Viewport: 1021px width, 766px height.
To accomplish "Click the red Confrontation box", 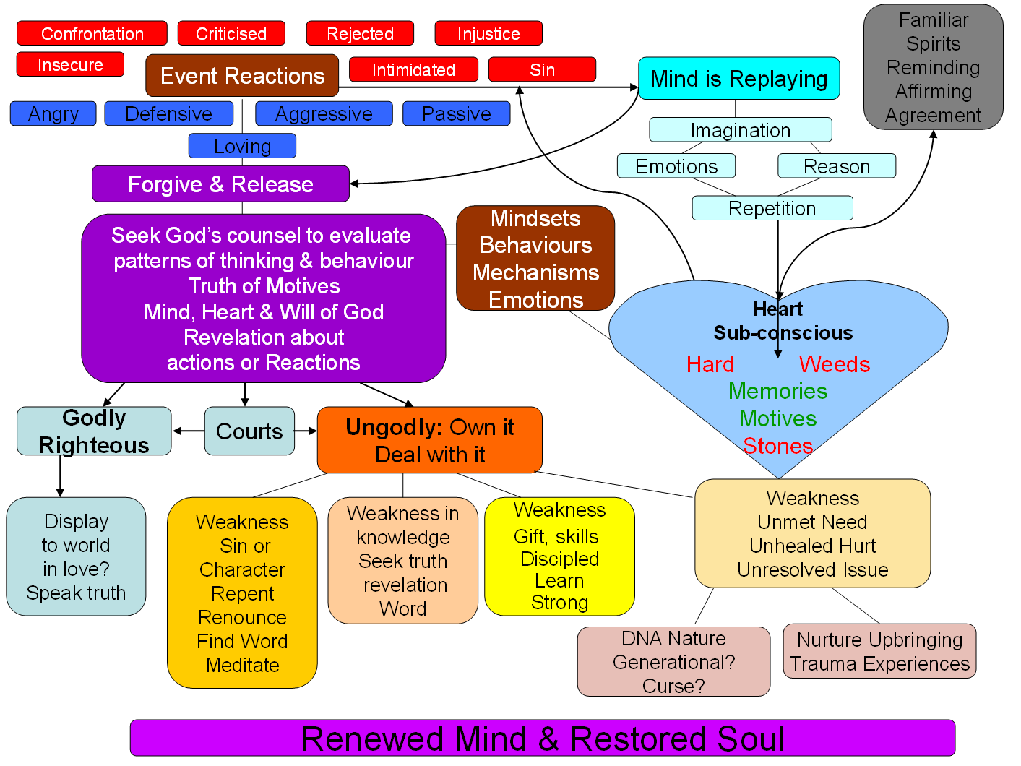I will pyautogui.click(x=92, y=34).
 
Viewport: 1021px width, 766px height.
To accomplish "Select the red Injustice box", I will pyautogui.click(x=488, y=34).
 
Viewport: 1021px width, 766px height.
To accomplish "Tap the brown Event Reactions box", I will pyautogui.click(x=242, y=76).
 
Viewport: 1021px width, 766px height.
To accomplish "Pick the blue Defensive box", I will pyautogui.click(x=168, y=114).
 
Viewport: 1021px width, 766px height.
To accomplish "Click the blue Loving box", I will pyautogui.click(x=242, y=146).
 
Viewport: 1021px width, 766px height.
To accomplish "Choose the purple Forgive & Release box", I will pyautogui.click(x=220, y=184).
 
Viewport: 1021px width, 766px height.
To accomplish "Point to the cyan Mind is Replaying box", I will pyautogui.click(x=738, y=79).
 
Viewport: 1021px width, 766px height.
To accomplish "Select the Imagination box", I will pyautogui.click(x=741, y=130).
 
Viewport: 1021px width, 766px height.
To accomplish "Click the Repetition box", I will pyautogui.click(x=772, y=208).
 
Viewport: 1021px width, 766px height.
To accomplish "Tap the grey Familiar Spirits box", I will pyautogui.click(x=933, y=67).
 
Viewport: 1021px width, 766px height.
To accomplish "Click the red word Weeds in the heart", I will pyautogui.click(x=834, y=364).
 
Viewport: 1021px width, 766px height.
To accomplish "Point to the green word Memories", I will pyautogui.click(x=777, y=391).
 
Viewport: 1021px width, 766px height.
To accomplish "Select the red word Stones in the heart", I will pyautogui.click(x=777, y=446).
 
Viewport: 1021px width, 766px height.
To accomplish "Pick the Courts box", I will pyautogui.click(x=249, y=431).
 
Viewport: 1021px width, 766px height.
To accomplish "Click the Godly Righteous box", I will pyautogui.click(x=94, y=431).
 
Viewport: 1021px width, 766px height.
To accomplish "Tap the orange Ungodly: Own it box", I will pyautogui.click(x=429, y=440).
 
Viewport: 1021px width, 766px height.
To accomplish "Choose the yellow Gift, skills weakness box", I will pyautogui.click(x=559, y=556).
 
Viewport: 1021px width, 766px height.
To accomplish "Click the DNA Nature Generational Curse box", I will pyautogui.click(x=673, y=662).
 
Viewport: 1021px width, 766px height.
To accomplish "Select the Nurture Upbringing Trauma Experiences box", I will pyautogui.click(x=879, y=652).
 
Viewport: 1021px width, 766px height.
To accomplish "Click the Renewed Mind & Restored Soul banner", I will pyautogui.click(x=543, y=739).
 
